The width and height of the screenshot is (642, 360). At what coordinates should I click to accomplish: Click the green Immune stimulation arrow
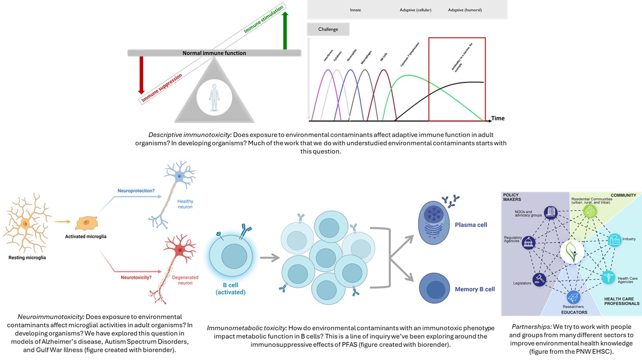[284, 30]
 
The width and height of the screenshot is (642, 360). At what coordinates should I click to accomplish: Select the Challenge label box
[328, 29]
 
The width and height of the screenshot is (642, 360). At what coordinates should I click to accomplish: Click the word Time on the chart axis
[497, 118]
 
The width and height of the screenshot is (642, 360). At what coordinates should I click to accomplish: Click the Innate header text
[355, 10]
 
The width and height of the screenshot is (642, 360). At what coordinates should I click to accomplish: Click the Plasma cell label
[471, 225]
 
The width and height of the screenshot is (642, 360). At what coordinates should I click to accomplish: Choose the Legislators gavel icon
[539, 279]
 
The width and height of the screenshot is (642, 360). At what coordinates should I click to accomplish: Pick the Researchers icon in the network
[573, 297]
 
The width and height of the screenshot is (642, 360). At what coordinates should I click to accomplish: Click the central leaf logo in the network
[572, 252]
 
